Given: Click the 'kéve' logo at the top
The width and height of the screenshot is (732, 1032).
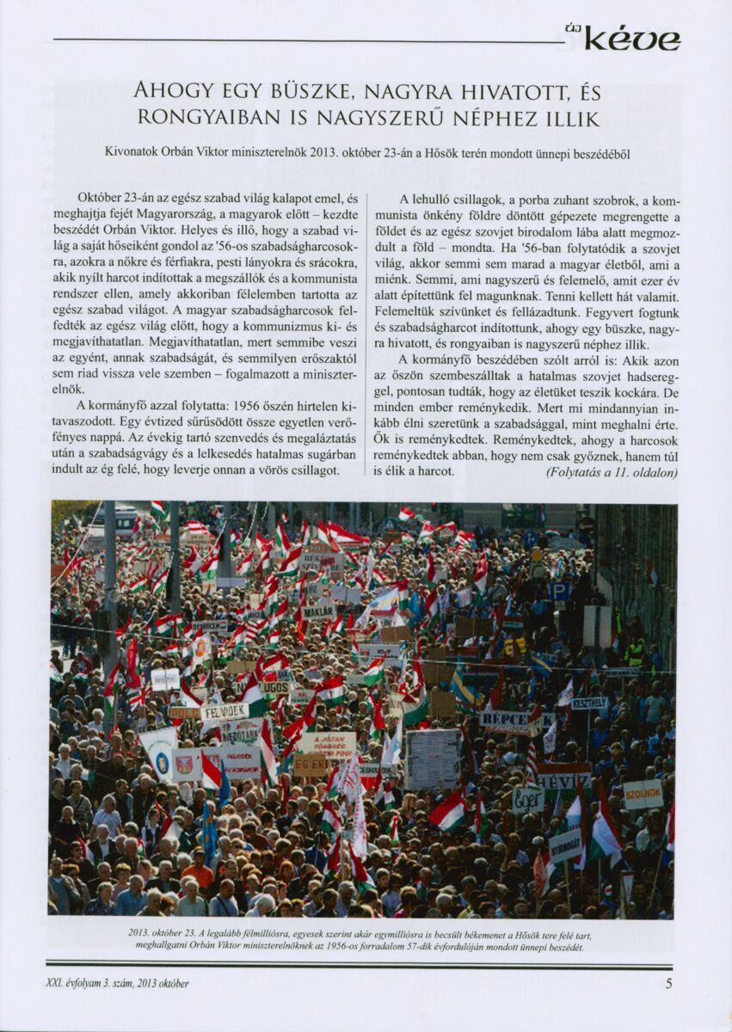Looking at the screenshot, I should pos(632,40).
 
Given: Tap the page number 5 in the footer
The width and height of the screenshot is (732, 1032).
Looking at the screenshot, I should pos(668,984).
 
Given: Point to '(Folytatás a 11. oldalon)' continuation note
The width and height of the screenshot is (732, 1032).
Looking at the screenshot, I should pos(612,472).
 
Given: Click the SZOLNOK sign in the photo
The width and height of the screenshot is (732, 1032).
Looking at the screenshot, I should pos(643,794).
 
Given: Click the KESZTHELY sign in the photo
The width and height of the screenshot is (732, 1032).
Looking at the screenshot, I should pos(590,703).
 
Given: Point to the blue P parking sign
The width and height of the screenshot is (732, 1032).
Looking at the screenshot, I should pos(560,591).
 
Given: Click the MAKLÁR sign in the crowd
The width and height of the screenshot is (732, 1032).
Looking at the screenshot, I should pos(317,612).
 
